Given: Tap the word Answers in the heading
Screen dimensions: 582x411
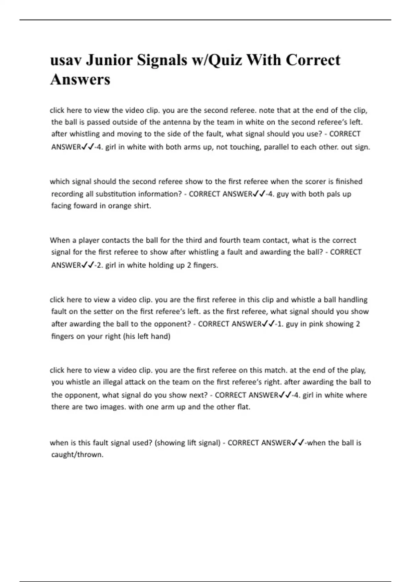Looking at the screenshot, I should click(80, 79).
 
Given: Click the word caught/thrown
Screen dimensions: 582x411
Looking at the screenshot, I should click(77, 455).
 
